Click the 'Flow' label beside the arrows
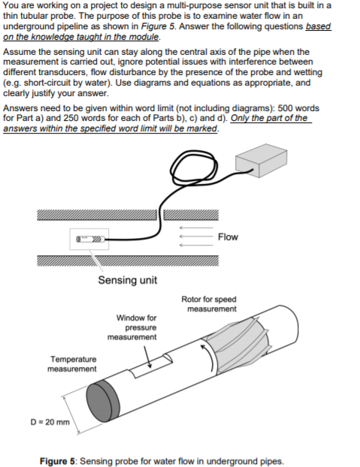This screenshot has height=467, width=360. tap(227, 237)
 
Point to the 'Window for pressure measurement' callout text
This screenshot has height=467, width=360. tap(136, 327)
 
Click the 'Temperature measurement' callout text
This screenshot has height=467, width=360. tap(72, 363)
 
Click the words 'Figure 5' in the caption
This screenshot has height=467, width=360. tap(57, 460)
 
